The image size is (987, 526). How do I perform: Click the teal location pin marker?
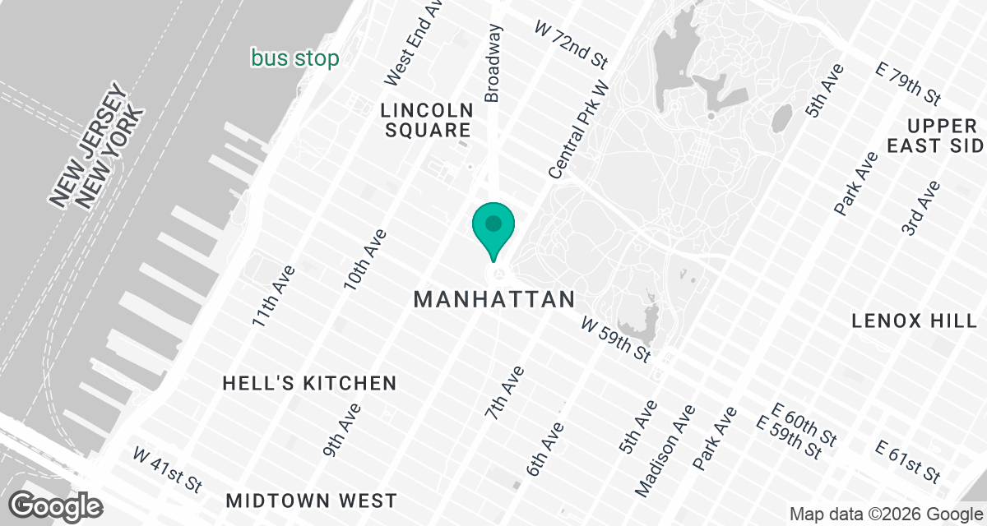click(x=493, y=227)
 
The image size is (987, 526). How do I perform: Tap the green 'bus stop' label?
click(x=295, y=59)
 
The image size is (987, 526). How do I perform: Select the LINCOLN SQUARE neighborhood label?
click(x=426, y=120)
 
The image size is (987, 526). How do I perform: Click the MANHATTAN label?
click(x=494, y=299)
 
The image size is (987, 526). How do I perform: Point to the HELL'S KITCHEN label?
click(x=310, y=383)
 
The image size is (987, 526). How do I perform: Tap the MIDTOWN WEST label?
click(x=312, y=501)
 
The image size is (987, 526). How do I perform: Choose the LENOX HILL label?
click(x=914, y=321)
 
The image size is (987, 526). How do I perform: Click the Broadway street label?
click(x=493, y=63)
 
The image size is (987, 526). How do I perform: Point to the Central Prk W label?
click(x=580, y=130)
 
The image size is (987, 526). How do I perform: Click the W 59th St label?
click(x=616, y=338)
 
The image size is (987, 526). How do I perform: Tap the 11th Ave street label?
click(x=273, y=297)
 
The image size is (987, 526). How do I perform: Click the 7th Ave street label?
click(x=504, y=394)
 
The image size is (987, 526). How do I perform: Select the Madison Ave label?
click(x=666, y=450)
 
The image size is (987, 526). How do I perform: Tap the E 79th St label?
click(x=908, y=84)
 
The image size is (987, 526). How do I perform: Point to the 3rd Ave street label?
click(x=920, y=208)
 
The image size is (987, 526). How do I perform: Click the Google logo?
click(x=56, y=505)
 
